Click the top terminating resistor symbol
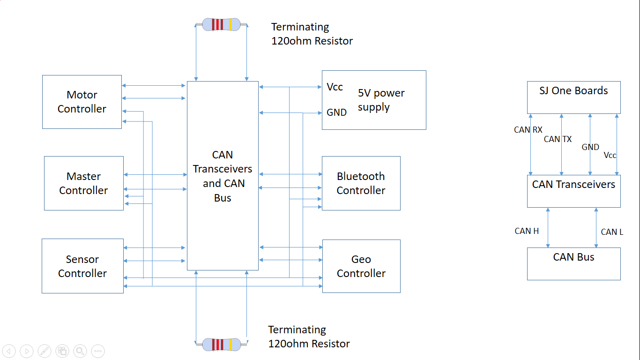(221, 24)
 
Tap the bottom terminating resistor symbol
(221, 344)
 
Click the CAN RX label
(528, 130)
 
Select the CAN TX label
(558, 139)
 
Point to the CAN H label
(527, 231)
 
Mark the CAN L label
(612, 232)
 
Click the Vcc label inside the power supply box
(335, 87)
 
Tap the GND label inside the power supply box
(336, 112)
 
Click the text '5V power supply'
(381, 100)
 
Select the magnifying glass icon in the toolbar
(80, 351)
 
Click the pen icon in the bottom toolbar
(45, 351)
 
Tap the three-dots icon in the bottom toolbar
(98, 351)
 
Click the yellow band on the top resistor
(231, 24)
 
